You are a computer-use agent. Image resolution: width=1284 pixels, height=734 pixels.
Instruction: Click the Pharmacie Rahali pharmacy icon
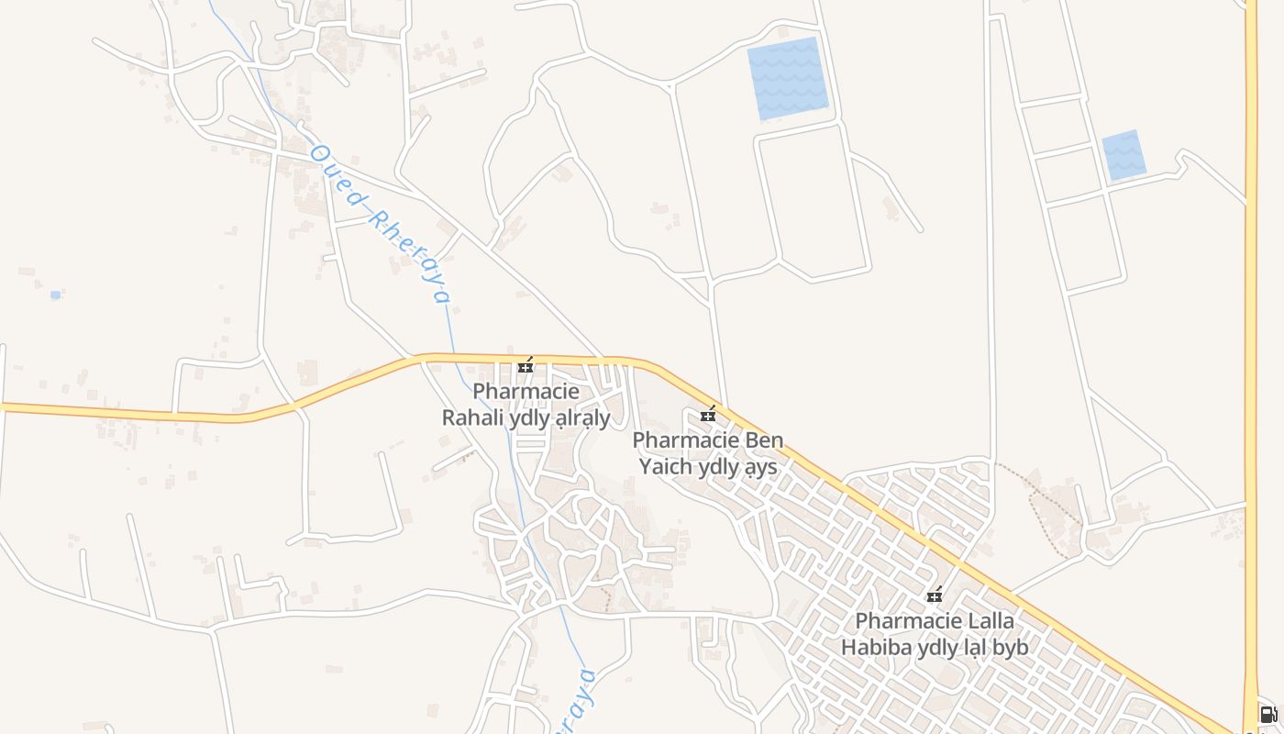[526, 366]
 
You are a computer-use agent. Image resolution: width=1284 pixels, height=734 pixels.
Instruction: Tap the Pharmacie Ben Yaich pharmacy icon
[708, 415]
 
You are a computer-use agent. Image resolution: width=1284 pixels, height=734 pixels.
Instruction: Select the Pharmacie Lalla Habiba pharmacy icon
[935, 595]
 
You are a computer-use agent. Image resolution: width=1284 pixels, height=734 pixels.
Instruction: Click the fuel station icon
[1267, 715]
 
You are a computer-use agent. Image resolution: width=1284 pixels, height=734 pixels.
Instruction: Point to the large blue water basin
[788, 78]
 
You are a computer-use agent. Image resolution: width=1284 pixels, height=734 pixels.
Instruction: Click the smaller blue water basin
[1123, 155]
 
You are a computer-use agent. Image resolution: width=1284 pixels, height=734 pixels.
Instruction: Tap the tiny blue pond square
[55, 295]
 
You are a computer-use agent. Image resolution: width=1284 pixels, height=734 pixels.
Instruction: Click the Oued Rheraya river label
[380, 223]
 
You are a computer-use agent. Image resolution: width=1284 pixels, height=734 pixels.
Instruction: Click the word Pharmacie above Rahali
[526, 392]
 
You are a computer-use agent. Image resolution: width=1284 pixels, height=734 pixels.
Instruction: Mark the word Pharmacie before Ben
[686, 440]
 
